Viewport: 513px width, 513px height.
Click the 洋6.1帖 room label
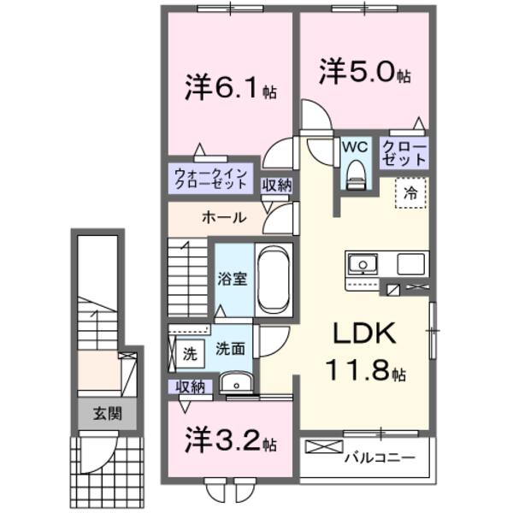[229, 87]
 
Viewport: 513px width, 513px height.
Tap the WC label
[355, 146]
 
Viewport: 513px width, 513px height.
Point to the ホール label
[224, 217]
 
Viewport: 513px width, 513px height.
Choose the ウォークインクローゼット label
[210, 178]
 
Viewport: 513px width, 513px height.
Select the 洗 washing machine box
[188, 351]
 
